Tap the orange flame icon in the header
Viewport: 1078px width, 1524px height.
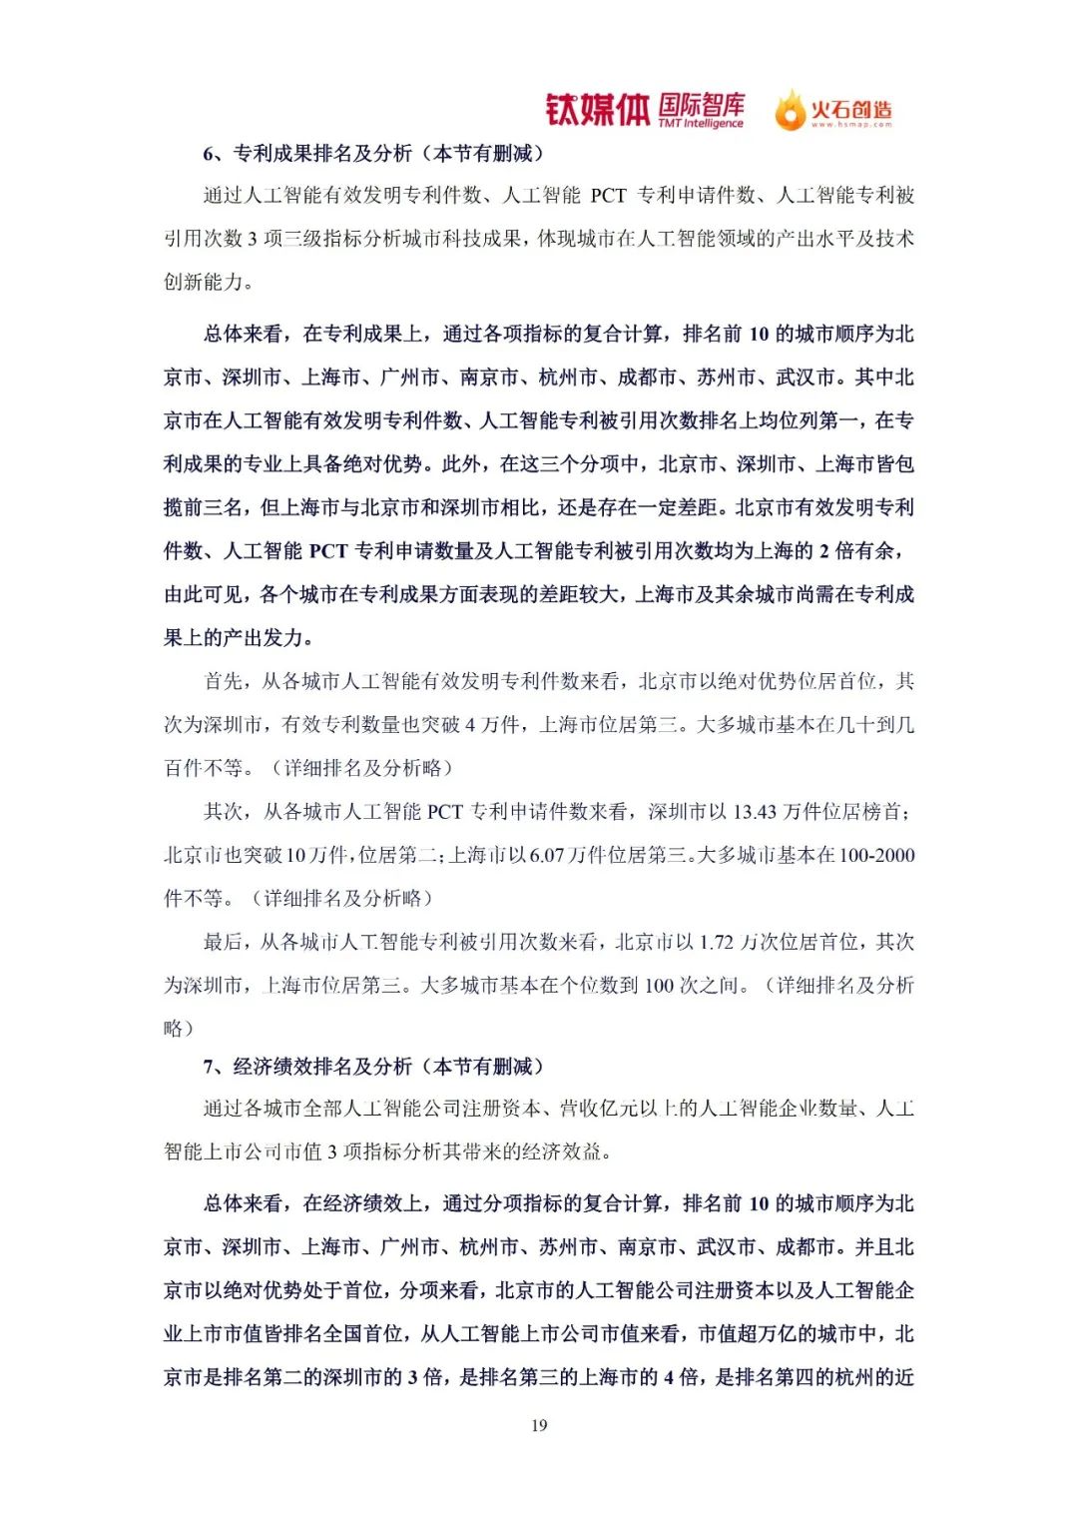coord(790,110)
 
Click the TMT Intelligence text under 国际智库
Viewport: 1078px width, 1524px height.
coord(701,124)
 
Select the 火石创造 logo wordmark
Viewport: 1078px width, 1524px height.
coord(851,109)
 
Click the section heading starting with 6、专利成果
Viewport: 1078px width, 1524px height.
coord(373,153)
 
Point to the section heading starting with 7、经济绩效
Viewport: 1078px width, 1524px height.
coord(373,1066)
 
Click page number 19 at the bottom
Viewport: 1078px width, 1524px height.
coord(539,1425)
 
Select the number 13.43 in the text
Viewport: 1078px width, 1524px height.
coord(755,811)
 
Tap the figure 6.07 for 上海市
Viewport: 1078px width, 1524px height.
coord(547,855)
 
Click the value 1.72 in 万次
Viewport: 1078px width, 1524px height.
coord(717,942)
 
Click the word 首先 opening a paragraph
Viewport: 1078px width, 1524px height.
coord(224,681)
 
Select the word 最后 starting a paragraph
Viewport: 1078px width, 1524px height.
coord(224,942)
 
